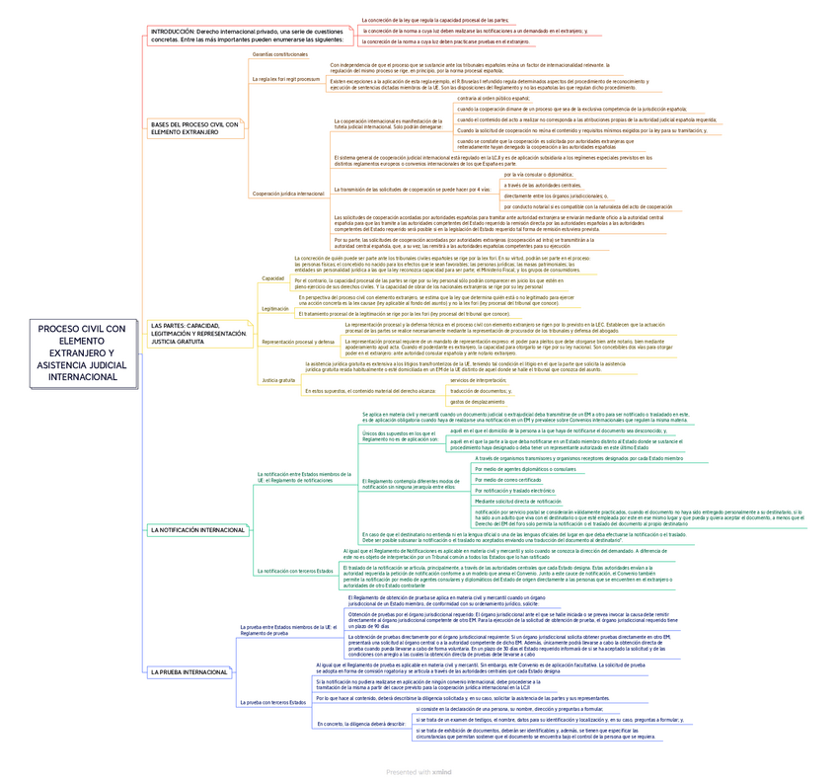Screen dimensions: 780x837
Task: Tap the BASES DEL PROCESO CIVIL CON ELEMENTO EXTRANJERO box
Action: click(x=195, y=128)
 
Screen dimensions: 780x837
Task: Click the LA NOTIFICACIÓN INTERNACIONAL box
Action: click(x=197, y=530)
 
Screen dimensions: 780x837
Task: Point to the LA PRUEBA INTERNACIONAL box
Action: click(x=190, y=672)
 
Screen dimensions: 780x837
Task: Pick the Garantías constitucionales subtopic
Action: click(x=280, y=54)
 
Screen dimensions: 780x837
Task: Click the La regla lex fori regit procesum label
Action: click(x=286, y=79)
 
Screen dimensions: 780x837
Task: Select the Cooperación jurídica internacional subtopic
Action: click(x=288, y=194)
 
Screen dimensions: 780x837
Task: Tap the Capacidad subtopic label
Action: click(x=272, y=278)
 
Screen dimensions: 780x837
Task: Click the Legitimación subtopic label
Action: click(x=275, y=309)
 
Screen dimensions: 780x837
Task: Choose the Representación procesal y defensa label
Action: click(x=298, y=342)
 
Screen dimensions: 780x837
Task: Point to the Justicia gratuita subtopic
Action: click(x=278, y=380)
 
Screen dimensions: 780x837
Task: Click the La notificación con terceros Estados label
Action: click(x=295, y=571)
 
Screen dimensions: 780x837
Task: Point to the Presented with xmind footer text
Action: click(x=418, y=771)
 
